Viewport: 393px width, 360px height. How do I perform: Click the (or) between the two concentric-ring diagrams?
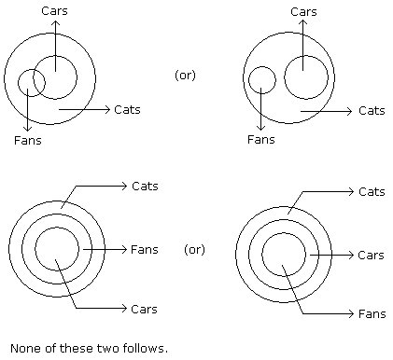[x=194, y=250]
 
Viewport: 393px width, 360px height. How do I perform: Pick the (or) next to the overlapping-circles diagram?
[x=185, y=76]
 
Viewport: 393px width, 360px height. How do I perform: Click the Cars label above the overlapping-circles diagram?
[x=54, y=11]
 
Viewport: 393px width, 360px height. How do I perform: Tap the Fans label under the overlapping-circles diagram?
[x=28, y=140]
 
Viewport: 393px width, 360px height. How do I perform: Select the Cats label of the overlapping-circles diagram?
[x=127, y=110]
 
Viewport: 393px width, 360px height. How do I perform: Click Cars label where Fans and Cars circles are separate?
[x=303, y=12]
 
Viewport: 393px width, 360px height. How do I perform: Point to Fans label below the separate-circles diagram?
[x=261, y=139]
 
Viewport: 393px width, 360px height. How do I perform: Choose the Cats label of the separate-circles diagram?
[x=372, y=111]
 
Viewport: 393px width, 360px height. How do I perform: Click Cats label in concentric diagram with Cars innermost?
[x=145, y=187]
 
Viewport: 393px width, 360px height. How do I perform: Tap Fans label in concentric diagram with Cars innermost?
[x=145, y=250]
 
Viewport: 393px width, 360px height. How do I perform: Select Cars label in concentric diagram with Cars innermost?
[x=144, y=310]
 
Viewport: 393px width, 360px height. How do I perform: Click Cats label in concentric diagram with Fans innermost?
[x=372, y=192]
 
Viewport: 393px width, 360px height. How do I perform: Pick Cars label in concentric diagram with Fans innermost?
[x=371, y=256]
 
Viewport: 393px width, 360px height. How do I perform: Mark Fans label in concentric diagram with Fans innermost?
[x=372, y=314]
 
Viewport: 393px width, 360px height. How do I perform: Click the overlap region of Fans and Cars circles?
[x=39, y=82]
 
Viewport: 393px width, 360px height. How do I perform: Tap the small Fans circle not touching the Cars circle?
[x=248, y=80]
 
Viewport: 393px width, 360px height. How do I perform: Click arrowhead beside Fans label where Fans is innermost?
[x=352, y=313]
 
